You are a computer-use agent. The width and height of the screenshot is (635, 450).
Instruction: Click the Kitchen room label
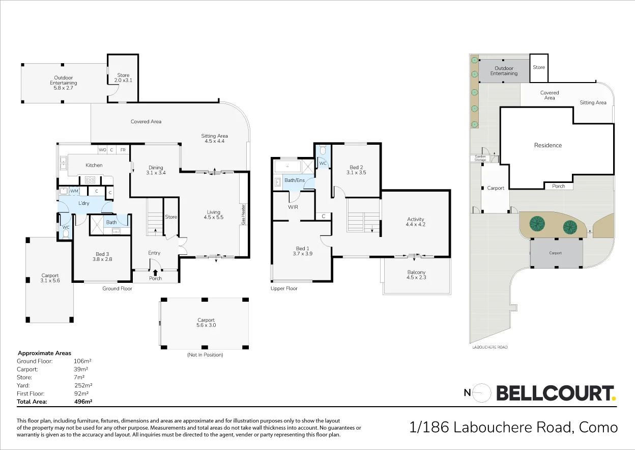(94, 165)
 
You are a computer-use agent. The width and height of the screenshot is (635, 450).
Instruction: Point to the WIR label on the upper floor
(293, 207)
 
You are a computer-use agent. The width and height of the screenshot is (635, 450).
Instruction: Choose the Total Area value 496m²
(83, 402)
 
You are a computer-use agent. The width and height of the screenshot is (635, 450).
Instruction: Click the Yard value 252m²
(83, 385)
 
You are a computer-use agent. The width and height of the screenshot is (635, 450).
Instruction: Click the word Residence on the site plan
(548, 145)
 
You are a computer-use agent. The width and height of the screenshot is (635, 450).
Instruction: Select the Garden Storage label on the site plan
(480, 158)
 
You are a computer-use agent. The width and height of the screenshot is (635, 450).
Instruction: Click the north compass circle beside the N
(482, 392)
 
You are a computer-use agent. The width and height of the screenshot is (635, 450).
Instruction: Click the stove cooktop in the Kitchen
(90, 179)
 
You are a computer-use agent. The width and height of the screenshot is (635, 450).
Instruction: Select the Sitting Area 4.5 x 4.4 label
(214, 138)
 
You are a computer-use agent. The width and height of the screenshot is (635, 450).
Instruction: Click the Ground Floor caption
(118, 288)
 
